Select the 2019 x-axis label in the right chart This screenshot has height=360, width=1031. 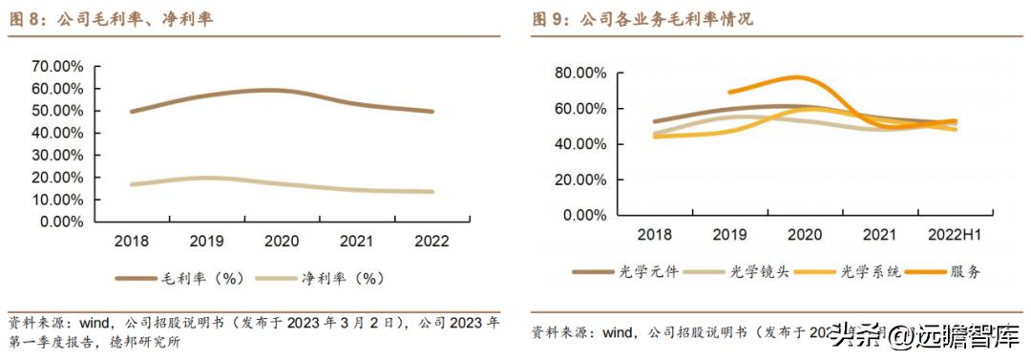[x=729, y=235]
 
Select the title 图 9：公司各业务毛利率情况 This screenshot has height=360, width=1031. [x=642, y=19]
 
